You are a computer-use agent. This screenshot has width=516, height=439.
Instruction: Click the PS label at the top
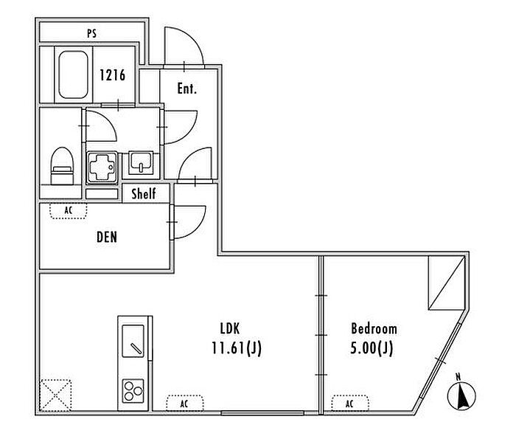click(92, 33)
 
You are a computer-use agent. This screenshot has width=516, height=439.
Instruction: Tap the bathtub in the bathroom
click(73, 75)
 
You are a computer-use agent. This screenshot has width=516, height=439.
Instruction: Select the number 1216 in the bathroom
click(113, 75)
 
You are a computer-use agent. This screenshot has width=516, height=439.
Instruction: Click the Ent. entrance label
click(187, 89)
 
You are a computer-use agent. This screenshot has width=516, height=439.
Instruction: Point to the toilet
click(62, 165)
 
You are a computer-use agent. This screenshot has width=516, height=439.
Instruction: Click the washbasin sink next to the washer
click(141, 163)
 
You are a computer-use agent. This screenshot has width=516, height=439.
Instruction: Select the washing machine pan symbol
click(102, 167)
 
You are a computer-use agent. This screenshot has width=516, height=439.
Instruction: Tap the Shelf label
click(144, 193)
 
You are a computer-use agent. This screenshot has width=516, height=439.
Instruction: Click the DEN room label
click(107, 237)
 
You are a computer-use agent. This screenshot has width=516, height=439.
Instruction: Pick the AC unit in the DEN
click(69, 211)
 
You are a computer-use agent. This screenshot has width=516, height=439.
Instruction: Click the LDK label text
click(230, 328)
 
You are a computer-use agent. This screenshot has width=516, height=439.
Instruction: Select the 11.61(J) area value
click(237, 348)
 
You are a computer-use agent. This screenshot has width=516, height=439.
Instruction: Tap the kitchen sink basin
click(133, 341)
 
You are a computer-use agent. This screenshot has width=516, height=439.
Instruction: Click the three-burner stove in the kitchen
click(133, 391)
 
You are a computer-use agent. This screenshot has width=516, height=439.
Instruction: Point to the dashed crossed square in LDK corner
click(55, 395)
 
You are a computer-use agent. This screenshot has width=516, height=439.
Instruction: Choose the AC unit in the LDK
click(184, 403)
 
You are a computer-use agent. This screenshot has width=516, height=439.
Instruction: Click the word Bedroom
click(374, 328)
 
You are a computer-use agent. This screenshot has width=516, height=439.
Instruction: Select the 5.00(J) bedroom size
click(372, 348)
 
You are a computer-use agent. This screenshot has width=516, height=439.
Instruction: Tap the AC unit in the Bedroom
click(350, 403)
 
